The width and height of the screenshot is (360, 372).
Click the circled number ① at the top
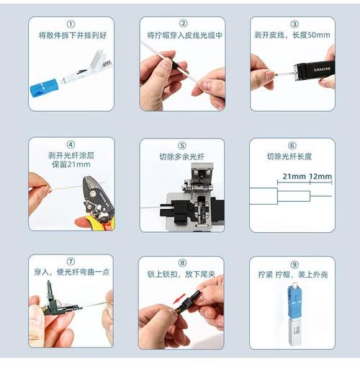[x=71, y=24]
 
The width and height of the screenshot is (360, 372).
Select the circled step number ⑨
[x=292, y=263]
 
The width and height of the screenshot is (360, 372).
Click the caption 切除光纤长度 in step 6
[x=292, y=156]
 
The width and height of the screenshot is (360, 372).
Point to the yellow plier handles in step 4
[x=99, y=221]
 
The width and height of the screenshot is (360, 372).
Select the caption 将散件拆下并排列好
[x=71, y=35]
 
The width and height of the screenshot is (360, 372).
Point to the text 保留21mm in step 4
[x=71, y=165]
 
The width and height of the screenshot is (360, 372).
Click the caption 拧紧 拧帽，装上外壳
[x=292, y=275]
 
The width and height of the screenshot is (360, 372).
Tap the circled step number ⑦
[x=71, y=263]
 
